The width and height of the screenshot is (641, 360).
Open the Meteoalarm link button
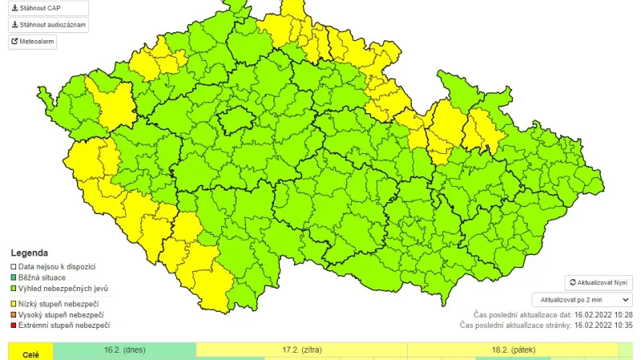click(x=32, y=42)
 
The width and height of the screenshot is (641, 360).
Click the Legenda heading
click(x=29, y=252)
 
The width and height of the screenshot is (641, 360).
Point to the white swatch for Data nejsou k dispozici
click(x=13, y=265)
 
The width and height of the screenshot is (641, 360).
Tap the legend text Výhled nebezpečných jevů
click(x=64, y=288)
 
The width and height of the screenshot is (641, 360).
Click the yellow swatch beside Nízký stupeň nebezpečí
click(x=13, y=303)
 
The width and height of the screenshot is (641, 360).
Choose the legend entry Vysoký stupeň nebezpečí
click(x=61, y=314)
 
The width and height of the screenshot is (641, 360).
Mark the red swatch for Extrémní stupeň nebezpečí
click(x=13, y=326)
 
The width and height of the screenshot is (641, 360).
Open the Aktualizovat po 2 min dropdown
click(x=582, y=300)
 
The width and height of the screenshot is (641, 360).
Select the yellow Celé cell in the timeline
click(x=30, y=354)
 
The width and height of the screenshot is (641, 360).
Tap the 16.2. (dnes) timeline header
click(x=124, y=350)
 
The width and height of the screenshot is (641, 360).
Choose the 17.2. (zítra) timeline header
click(x=301, y=350)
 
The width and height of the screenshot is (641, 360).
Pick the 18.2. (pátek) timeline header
click(x=513, y=350)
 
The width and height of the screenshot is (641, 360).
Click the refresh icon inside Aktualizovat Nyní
click(x=572, y=283)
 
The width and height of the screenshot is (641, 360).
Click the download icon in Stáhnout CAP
click(x=14, y=7)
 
